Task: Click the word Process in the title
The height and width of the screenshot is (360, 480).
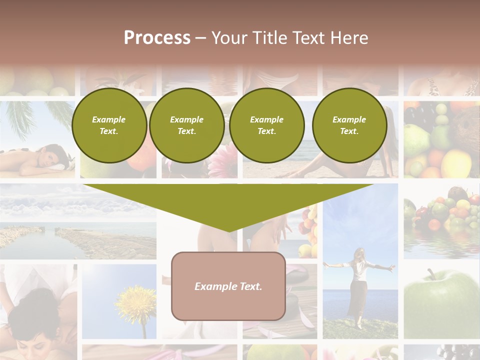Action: click(157, 38)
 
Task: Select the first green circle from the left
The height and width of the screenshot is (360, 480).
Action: click(109, 125)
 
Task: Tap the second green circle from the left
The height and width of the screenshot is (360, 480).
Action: click(186, 125)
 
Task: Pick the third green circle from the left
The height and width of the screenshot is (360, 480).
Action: click(266, 125)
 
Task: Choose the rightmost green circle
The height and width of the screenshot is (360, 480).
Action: click(349, 125)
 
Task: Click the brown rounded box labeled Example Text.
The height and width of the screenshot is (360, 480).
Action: click(228, 286)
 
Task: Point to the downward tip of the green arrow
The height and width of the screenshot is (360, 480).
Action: click(228, 230)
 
